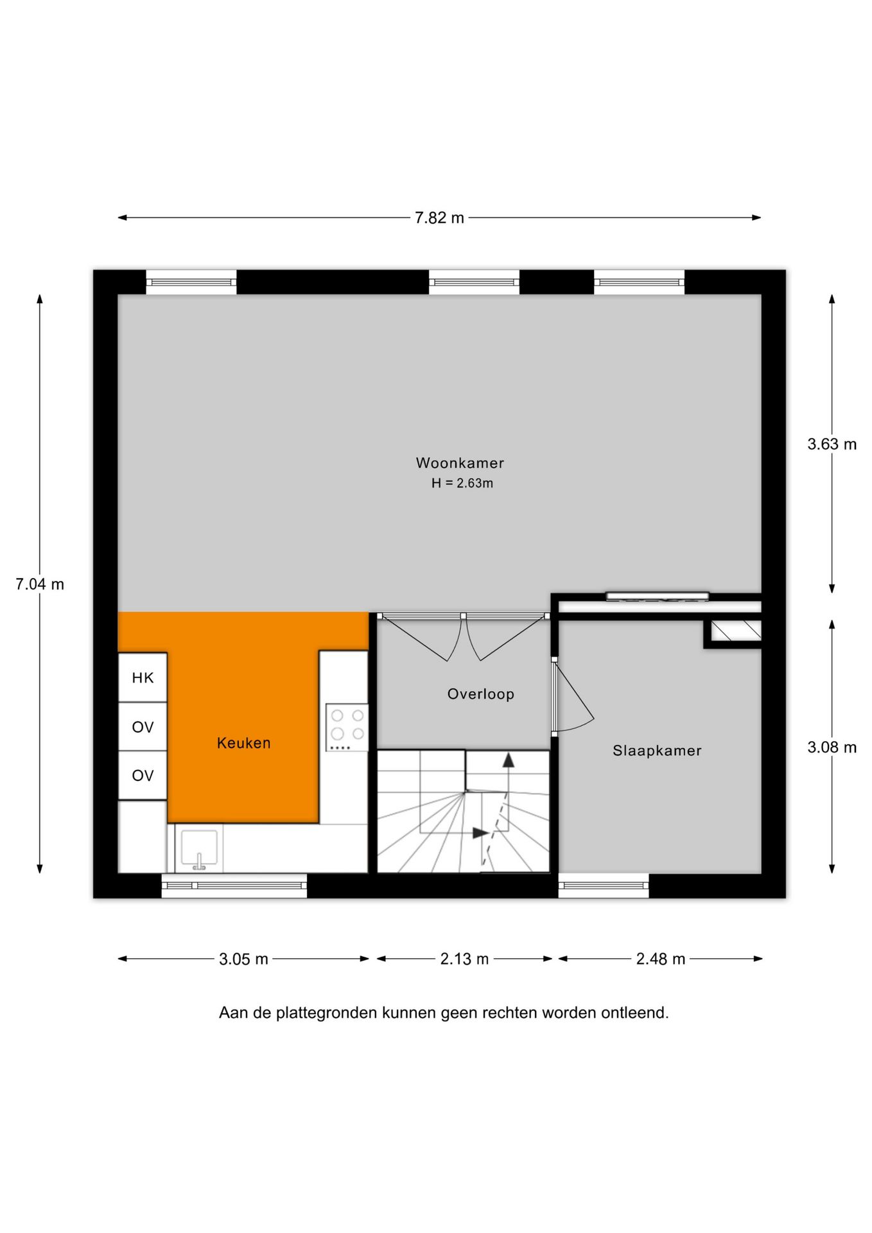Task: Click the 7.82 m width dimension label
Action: tap(439, 218)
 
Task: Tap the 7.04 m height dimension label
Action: tap(40, 584)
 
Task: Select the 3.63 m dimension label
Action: tap(832, 444)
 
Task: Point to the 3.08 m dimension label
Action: tap(832, 747)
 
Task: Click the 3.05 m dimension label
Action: tap(243, 959)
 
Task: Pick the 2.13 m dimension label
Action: tap(464, 959)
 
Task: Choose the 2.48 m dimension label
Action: tap(661, 959)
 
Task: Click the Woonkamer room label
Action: tap(460, 462)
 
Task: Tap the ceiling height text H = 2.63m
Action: tap(462, 483)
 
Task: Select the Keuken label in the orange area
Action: tap(244, 743)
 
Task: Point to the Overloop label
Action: tap(481, 694)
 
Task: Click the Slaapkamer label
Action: tap(657, 750)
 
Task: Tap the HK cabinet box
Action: tap(143, 678)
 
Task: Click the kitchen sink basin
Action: tap(199, 848)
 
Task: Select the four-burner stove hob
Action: tap(347, 727)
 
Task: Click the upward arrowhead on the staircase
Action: tap(509, 760)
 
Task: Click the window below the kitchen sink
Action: tap(234, 886)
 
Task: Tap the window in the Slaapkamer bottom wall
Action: tap(604, 886)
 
